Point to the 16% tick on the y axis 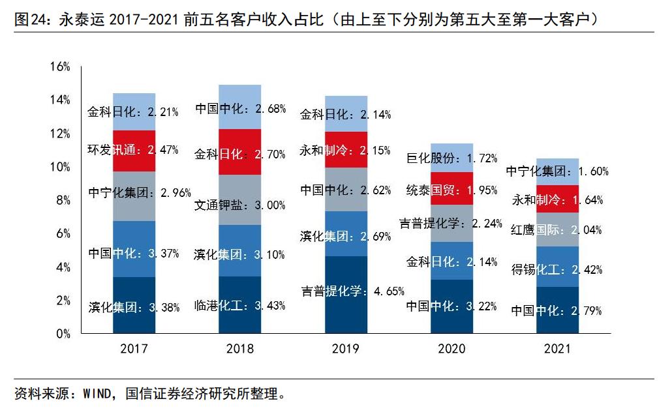point(59,67)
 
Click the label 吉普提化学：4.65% point(352,291)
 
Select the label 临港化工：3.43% point(239,305)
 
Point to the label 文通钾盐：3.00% point(239,205)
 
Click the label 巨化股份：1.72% point(451,158)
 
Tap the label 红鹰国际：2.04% point(556,229)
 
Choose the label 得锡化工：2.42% point(556,269)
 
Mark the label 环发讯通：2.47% point(133,149)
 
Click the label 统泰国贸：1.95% point(451,190)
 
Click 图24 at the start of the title point(28,20)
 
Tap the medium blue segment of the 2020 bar point(451,261)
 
